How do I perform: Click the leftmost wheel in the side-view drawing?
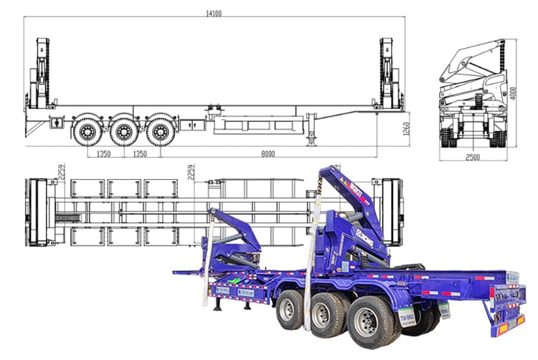tap(88, 131)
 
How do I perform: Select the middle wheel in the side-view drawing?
tap(125, 131)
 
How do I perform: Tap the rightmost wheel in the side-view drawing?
tap(161, 131)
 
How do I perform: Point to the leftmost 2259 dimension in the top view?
tap(62, 172)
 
